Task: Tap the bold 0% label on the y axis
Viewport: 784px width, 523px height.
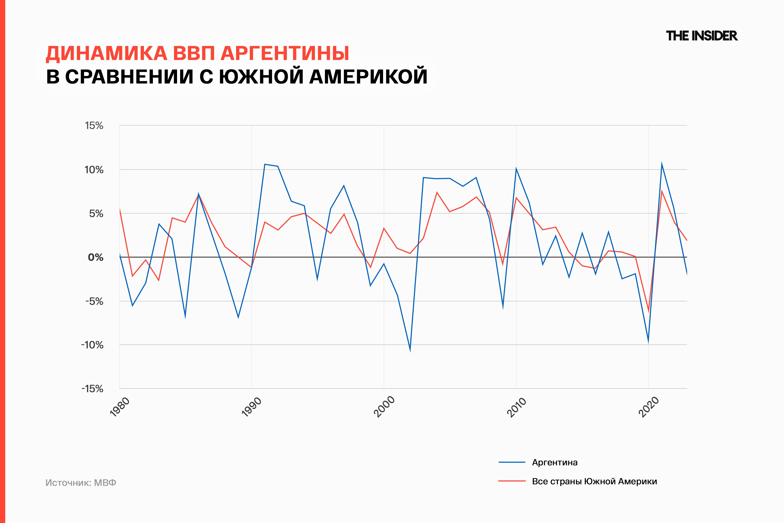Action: tap(95, 257)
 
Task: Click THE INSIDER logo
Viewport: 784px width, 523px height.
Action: tap(702, 36)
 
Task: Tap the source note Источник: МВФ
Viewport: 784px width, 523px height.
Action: tap(81, 483)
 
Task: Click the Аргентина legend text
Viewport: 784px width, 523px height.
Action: tap(555, 462)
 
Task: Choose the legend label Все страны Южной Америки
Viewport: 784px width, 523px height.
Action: tap(594, 481)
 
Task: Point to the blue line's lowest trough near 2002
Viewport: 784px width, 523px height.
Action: tap(410, 351)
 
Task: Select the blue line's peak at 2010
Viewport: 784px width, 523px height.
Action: tap(516, 169)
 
